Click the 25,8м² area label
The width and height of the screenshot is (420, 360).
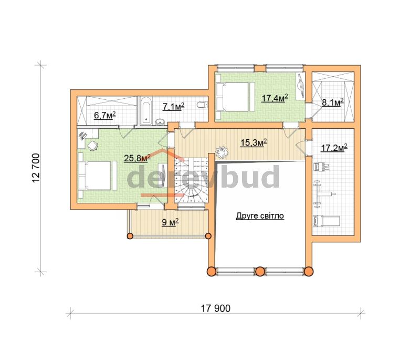pyautogui.click(x=137, y=158)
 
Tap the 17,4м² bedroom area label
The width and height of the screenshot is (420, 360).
pyautogui.click(x=275, y=98)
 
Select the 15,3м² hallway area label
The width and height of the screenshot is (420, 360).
pyautogui.click(x=254, y=142)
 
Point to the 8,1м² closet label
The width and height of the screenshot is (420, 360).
pyautogui.click(x=332, y=102)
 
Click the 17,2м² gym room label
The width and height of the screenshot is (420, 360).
pyautogui.click(x=334, y=148)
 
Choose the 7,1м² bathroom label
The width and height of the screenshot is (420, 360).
pyautogui.click(x=174, y=106)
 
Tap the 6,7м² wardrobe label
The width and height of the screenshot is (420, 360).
pyautogui.click(x=104, y=115)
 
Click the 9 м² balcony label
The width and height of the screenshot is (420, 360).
pyautogui.click(x=170, y=222)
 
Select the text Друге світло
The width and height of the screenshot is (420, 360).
pyautogui.click(x=260, y=216)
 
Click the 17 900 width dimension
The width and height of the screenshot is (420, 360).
pyautogui.click(x=216, y=308)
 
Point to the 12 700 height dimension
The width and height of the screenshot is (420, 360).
pyautogui.click(x=36, y=168)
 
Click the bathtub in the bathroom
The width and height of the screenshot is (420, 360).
pyautogui.click(x=146, y=111)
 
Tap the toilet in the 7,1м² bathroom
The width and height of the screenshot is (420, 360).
pyautogui.click(x=202, y=105)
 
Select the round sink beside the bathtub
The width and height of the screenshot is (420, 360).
pyautogui.click(x=160, y=122)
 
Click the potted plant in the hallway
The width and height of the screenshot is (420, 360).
pyautogui.click(x=222, y=152)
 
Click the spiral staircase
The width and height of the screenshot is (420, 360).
pyautogui.click(x=191, y=180)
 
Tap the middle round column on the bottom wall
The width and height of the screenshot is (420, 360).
pyautogui.click(x=260, y=272)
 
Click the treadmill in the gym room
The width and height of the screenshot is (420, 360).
pyautogui.click(x=327, y=221)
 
